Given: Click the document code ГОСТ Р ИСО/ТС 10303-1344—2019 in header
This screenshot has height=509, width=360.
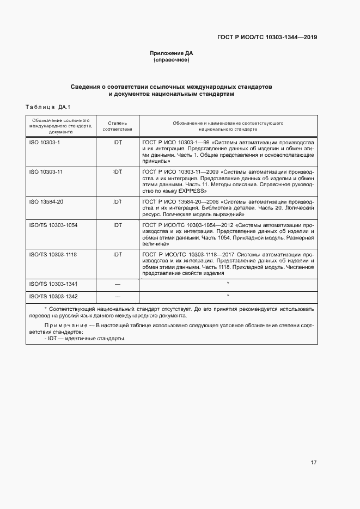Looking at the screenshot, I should [x=267, y=38].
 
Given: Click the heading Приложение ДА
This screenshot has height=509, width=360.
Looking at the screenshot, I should [x=172, y=53].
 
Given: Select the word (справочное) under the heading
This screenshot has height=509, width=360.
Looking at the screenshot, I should [x=172, y=60].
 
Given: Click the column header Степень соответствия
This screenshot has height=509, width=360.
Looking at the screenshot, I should [x=117, y=126].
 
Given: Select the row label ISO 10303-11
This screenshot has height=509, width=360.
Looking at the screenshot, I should [x=46, y=171].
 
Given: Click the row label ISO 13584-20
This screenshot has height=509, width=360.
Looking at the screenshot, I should [x=46, y=201].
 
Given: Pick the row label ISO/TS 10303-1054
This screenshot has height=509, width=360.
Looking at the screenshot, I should [x=52, y=224].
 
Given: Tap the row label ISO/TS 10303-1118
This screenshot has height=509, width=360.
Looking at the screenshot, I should [x=52, y=254].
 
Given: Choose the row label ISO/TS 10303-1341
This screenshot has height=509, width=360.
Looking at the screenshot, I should [x=52, y=284].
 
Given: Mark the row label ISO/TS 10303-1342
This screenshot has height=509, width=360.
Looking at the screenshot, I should [x=52, y=297].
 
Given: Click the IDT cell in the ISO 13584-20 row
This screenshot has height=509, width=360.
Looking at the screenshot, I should [x=117, y=201].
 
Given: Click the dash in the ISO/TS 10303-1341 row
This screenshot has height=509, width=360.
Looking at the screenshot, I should [x=117, y=284].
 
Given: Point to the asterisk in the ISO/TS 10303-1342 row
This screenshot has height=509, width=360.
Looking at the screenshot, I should [x=228, y=296].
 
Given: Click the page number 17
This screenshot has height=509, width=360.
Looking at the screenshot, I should [x=313, y=463].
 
